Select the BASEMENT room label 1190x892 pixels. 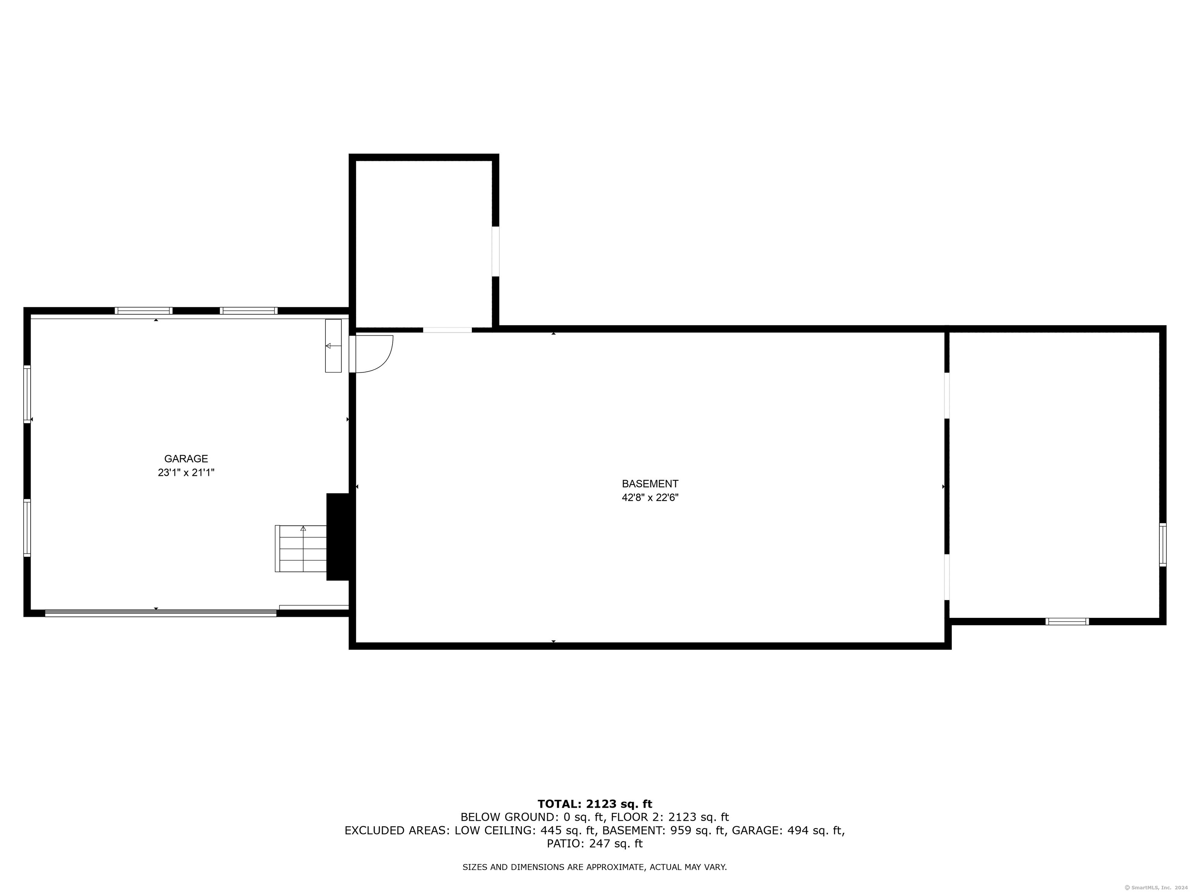coord(650,484)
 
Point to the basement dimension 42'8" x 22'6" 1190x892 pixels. coord(650,497)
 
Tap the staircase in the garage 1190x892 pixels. coord(301,549)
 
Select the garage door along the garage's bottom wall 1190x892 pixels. coord(160,613)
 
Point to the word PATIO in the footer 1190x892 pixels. coord(563,844)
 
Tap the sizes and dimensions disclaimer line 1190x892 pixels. coord(595,867)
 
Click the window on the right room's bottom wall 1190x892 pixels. coord(1067,621)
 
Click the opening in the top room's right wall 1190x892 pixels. coord(495,251)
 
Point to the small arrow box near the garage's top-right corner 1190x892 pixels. coord(333,346)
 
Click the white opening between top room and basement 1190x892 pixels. coord(447,329)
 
